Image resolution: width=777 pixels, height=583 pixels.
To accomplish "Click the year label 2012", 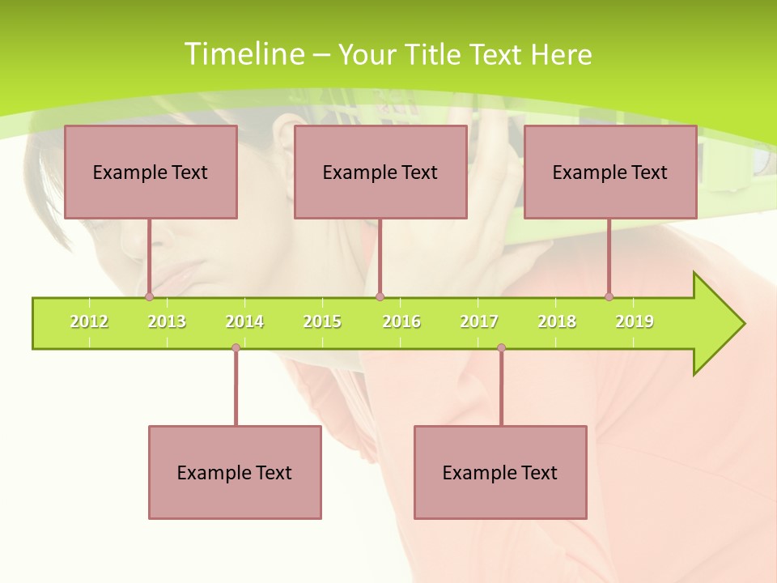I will [89, 321].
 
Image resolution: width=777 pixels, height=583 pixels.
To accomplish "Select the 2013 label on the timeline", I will [167, 321].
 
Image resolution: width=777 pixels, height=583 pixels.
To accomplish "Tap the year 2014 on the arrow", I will [244, 321].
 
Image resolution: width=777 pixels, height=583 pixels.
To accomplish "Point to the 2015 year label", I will [322, 321].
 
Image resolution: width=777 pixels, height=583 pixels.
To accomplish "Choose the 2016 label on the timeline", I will [401, 321].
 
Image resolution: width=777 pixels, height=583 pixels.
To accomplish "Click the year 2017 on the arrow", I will [479, 321].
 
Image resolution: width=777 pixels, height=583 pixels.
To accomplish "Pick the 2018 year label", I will [557, 321].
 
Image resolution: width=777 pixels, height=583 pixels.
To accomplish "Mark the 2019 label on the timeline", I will [635, 321].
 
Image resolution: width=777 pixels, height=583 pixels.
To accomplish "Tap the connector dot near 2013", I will [149, 297].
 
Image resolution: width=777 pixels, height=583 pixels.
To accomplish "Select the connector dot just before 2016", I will [380, 297].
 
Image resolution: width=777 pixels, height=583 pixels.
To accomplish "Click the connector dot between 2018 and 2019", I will [609, 297].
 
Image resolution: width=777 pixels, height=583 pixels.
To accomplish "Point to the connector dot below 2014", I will [236, 348].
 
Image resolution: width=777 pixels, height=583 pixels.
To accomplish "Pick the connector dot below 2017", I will [501, 348].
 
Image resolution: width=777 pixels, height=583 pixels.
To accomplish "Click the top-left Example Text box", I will [151, 172].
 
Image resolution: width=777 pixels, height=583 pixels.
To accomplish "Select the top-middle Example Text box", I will [380, 172].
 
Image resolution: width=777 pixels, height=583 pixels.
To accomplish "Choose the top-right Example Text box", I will [610, 172].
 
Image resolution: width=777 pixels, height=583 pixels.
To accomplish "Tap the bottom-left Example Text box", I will [235, 473].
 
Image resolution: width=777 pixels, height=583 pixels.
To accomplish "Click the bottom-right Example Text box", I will [500, 473].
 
